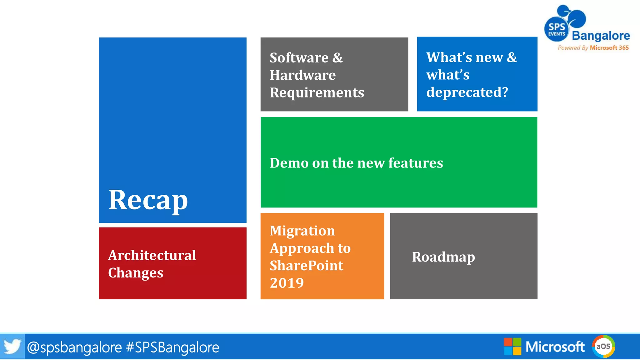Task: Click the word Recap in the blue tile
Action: pyautogui.click(x=148, y=200)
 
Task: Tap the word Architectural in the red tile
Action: pyautogui.click(x=152, y=255)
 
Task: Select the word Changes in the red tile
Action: pyautogui.click(x=136, y=273)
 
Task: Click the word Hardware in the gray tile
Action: pyautogui.click(x=302, y=75)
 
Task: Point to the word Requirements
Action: pyautogui.click(x=317, y=92)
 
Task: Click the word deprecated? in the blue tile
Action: pyautogui.click(x=467, y=92)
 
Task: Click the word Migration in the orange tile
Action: pyautogui.click(x=302, y=231)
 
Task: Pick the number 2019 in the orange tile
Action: pyautogui.click(x=287, y=283)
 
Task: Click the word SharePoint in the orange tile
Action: pyautogui.click(x=306, y=266)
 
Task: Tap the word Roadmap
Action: pyautogui.click(x=443, y=257)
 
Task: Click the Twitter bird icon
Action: pyautogui.click(x=12, y=347)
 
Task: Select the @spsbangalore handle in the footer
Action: pyautogui.click(x=74, y=347)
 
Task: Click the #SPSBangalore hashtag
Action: pyautogui.click(x=172, y=347)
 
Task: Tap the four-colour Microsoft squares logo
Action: pyautogui.click(x=512, y=347)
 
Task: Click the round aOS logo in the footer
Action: pyautogui.click(x=603, y=346)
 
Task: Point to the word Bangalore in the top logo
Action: pyautogui.click(x=601, y=36)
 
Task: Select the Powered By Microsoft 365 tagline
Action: pyautogui.click(x=593, y=48)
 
